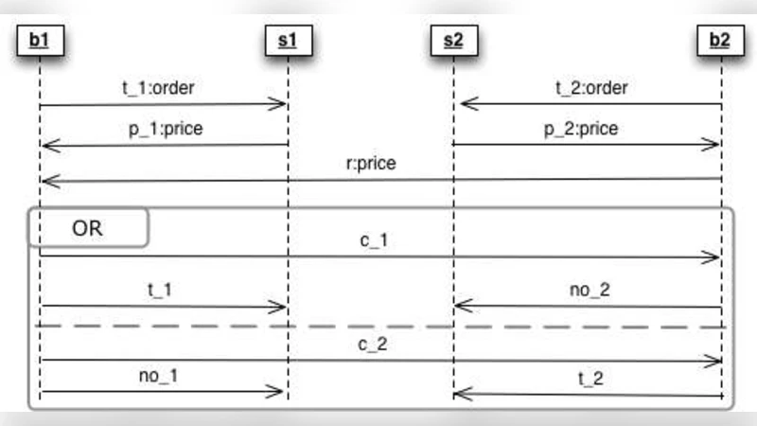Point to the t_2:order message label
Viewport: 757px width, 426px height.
click(x=591, y=89)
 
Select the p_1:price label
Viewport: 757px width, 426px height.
click(x=166, y=129)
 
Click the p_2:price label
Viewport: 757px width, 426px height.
click(x=581, y=129)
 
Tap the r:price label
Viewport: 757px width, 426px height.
click(x=371, y=163)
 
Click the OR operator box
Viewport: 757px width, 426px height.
click(x=89, y=228)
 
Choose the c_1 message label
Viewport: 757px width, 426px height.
click(x=373, y=240)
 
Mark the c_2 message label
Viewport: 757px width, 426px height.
click(x=373, y=344)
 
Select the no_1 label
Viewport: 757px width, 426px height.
click(x=159, y=376)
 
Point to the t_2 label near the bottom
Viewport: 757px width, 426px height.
click(x=590, y=377)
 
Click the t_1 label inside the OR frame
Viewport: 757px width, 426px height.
click(x=160, y=290)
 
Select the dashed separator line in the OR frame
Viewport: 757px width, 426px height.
click(x=378, y=326)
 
